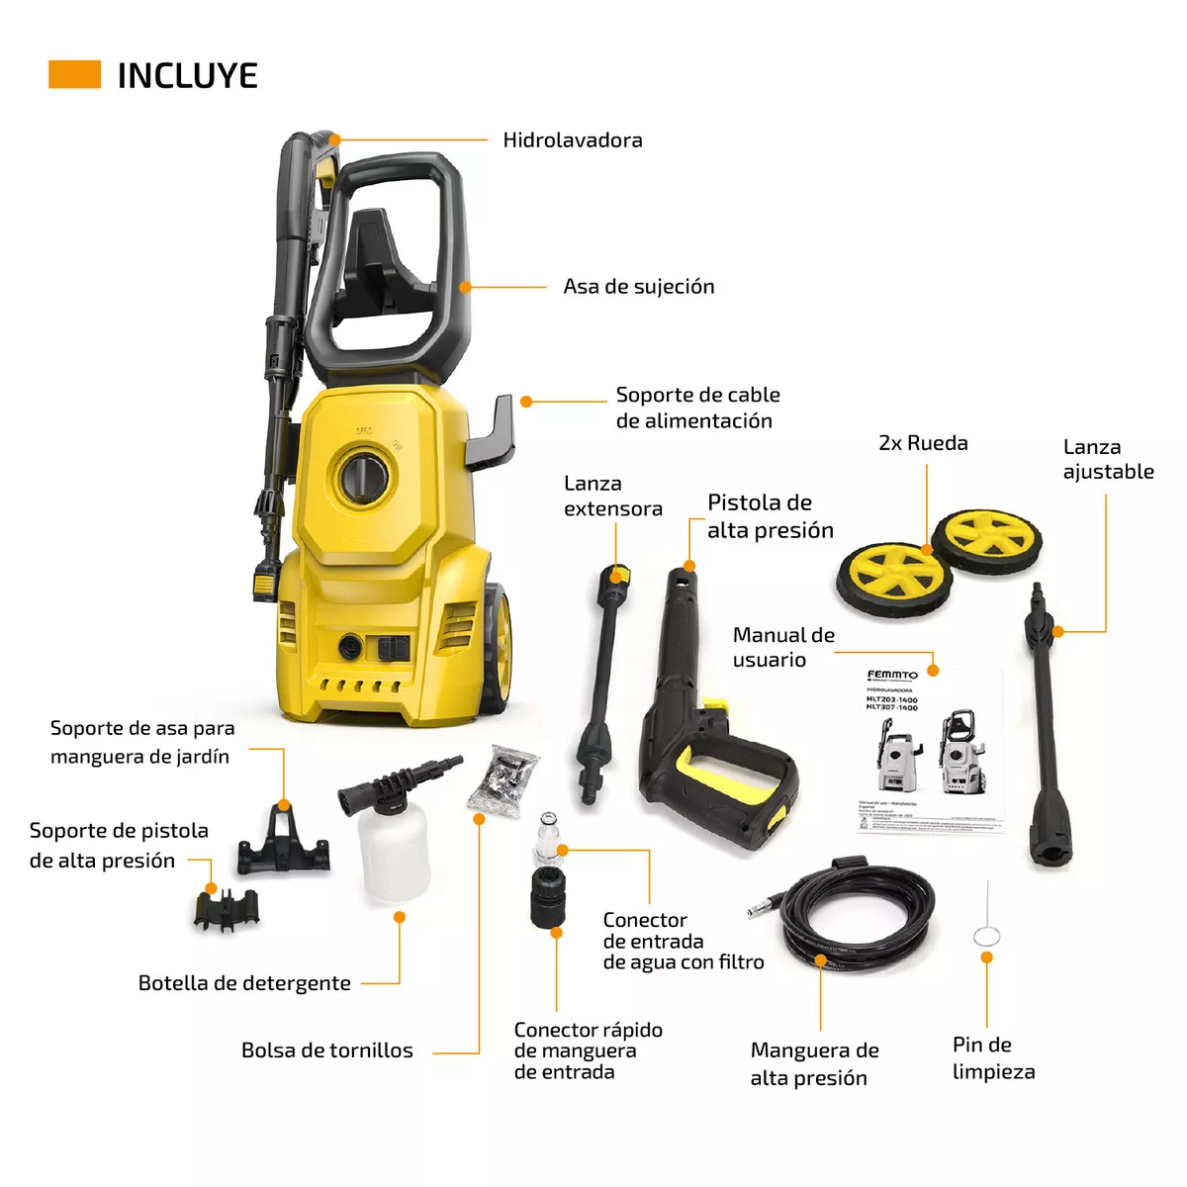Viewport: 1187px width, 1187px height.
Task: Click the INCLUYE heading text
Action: tap(187, 76)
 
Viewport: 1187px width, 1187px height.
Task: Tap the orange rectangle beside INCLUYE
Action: tap(74, 75)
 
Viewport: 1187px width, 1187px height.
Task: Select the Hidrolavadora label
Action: tap(572, 140)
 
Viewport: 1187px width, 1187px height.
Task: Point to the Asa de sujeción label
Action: tap(638, 287)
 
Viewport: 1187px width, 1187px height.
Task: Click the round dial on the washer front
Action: tap(363, 477)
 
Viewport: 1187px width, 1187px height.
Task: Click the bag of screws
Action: tap(503, 780)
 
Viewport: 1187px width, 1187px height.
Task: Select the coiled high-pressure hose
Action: tap(857, 915)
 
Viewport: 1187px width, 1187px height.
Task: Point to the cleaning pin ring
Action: tap(986, 936)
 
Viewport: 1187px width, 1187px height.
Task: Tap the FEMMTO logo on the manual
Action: tap(892, 676)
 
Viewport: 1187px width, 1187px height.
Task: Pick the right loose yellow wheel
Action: tap(986, 539)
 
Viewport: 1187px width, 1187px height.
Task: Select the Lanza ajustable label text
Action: tap(1107, 460)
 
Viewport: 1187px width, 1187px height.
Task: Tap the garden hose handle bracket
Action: tap(283, 842)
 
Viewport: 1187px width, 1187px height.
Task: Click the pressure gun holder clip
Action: tap(227, 910)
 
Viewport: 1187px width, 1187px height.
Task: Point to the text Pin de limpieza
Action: tap(992, 1058)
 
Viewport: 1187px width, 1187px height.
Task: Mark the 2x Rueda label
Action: tap(923, 443)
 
